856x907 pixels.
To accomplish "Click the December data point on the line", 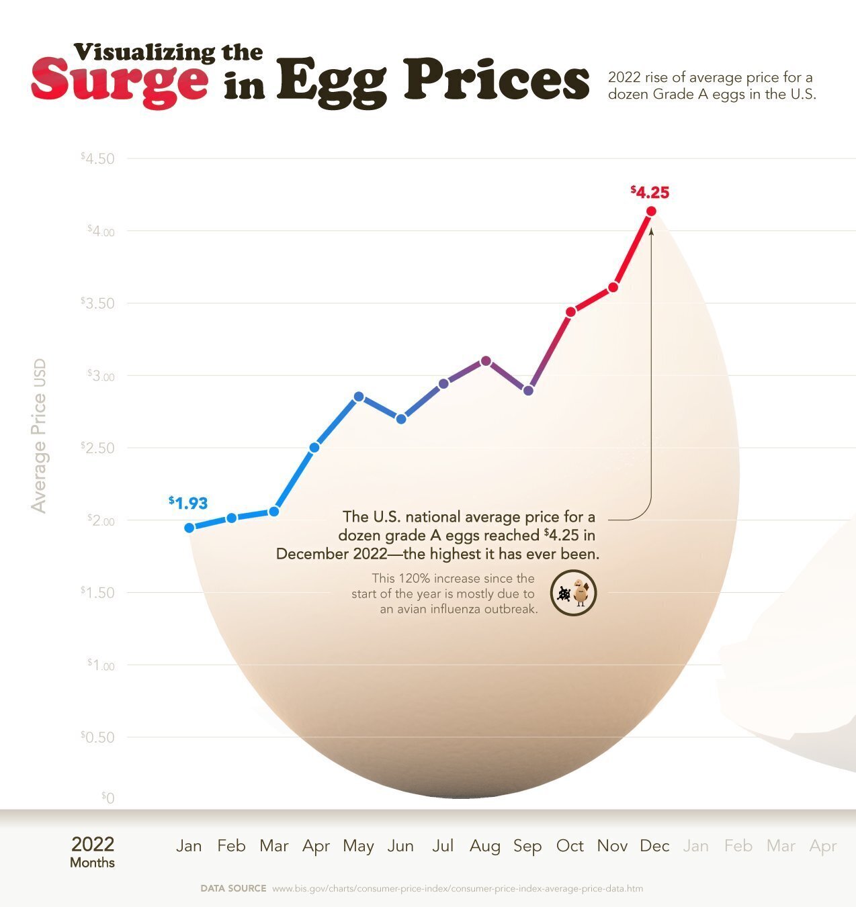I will pyautogui.click(x=651, y=211).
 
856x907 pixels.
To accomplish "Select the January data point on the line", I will pyautogui.click(x=189, y=528).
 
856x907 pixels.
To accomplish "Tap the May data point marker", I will pyautogui.click(x=359, y=397).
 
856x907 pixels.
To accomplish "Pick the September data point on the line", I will pyautogui.click(x=528, y=391).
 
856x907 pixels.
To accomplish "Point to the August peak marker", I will pyautogui.click(x=486, y=361).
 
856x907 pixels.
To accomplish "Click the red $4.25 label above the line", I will pyautogui.click(x=650, y=193).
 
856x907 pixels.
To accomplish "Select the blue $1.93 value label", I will pyautogui.click(x=188, y=502).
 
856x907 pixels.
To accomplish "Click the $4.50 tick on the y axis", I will pyautogui.click(x=98, y=158).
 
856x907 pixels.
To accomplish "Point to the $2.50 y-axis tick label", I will pyautogui.click(x=98, y=448).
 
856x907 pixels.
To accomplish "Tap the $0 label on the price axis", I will pyautogui.click(x=108, y=798).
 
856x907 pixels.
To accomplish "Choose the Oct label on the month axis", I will pyautogui.click(x=570, y=846).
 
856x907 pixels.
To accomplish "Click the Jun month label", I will pyautogui.click(x=400, y=846).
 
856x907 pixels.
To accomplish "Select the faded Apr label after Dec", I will pyautogui.click(x=823, y=846).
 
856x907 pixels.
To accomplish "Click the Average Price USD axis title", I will pyautogui.click(x=39, y=436).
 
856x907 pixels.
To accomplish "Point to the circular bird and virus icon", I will pyautogui.click(x=574, y=593).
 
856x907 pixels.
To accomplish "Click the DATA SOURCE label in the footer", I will pyautogui.click(x=233, y=888).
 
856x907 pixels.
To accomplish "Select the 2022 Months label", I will pyautogui.click(x=93, y=851).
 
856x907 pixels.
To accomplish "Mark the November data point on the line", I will pyautogui.click(x=613, y=287).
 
